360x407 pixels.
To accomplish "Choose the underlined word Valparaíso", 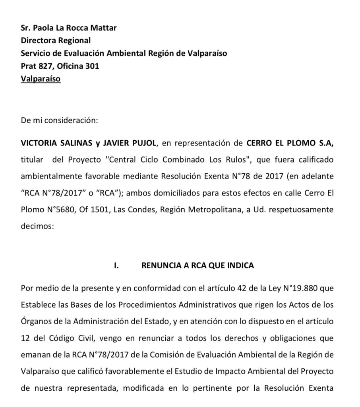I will [41, 79].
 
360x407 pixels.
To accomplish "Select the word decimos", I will [36, 227].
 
